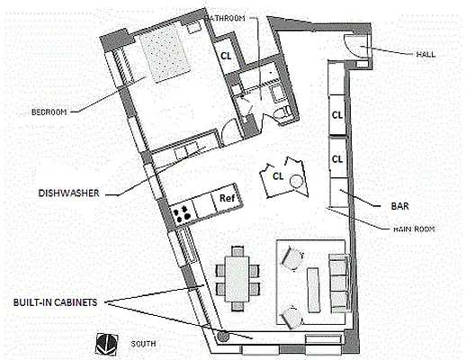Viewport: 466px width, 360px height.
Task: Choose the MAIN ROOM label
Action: click(x=416, y=229)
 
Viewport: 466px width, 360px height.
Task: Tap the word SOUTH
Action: click(x=144, y=343)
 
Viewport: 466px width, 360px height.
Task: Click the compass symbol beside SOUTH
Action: click(x=105, y=343)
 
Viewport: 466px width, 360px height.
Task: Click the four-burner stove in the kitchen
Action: click(x=183, y=212)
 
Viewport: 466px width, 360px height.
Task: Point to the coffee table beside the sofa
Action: click(x=313, y=286)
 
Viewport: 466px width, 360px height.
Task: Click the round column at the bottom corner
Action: click(x=222, y=336)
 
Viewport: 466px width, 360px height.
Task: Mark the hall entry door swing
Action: click(x=358, y=49)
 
